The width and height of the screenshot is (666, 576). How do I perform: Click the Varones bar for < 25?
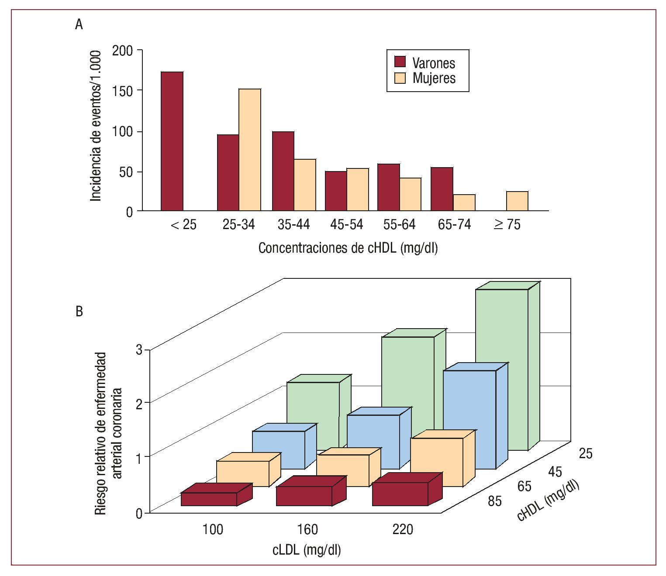click(x=172, y=141)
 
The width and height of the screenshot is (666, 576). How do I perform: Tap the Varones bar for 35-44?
click(x=283, y=171)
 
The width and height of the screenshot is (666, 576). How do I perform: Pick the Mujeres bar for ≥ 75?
click(x=517, y=201)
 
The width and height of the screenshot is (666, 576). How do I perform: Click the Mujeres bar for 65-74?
click(x=464, y=203)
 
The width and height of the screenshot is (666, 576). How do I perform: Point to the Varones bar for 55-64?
click(x=389, y=188)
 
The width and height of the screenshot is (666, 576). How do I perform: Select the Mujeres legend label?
click(x=434, y=79)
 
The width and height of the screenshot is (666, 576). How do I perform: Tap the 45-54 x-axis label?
click(x=347, y=225)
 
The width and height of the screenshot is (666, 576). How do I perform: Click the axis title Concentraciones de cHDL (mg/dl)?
click(x=348, y=248)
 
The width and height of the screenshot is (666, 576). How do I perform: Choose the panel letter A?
click(x=79, y=25)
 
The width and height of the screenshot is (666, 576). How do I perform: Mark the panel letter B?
click(x=79, y=312)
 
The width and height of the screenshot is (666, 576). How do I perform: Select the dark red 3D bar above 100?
click(x=209, y=499)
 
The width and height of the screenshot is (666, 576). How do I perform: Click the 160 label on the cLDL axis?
click(x=307, y=530)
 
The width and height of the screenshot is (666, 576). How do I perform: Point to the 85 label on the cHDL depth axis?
click(x=494, y=501)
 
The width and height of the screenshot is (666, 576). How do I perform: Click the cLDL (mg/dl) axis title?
click(x=307, y=550)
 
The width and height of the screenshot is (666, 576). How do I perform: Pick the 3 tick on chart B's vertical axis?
click(x=139, y=350)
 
